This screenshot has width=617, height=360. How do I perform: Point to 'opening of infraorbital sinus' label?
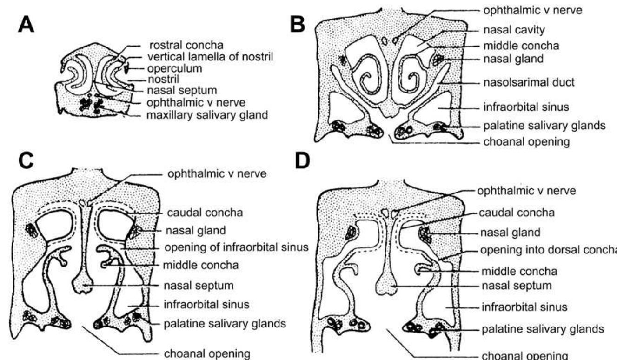[236, 247]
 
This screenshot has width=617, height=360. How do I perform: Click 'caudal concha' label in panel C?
[192, 213]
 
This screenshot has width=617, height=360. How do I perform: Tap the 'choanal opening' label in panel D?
[519, 355]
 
